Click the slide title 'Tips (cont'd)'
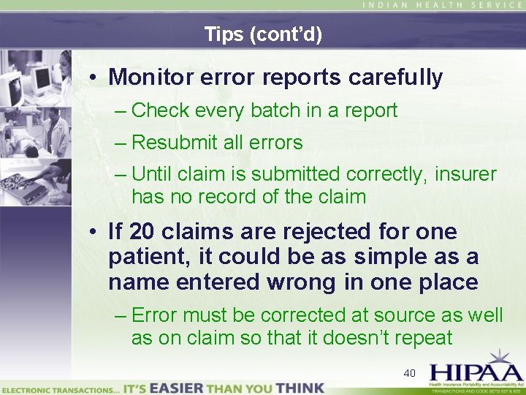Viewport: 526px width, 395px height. click(x=263, y=34)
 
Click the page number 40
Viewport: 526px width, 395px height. click(x=409, y=374)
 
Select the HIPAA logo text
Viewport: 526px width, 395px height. click(x=474, y=371)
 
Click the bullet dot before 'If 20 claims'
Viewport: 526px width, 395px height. click(x=96, y=233)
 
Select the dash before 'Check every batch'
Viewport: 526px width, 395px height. click(x=121, y=111)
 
